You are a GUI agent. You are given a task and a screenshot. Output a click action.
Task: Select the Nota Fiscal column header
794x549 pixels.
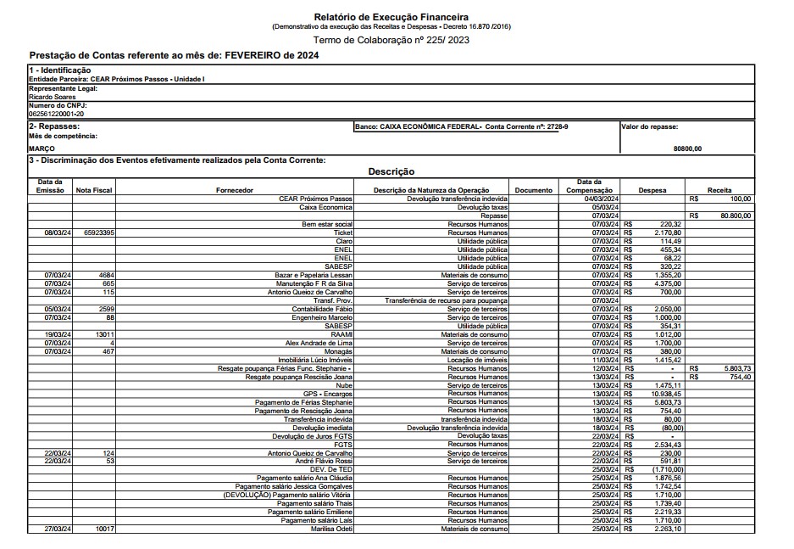[x=93, y=190]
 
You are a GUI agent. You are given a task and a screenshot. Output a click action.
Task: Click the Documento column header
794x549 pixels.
[x=533, y=190]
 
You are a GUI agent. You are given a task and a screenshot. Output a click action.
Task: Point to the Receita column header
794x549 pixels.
[x=720, y=190]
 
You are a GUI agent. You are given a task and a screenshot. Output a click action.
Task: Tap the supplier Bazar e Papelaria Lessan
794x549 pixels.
[x=314, y=275]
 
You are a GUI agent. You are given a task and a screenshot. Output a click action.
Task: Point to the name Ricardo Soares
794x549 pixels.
[x=53, y=97]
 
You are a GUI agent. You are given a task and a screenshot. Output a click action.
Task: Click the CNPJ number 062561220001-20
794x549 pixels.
[x=56, y=113]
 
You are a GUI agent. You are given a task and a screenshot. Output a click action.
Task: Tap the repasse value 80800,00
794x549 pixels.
[x=687, y=148]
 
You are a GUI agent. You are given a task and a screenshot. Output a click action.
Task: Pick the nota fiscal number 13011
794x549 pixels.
[x=104, y=334]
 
